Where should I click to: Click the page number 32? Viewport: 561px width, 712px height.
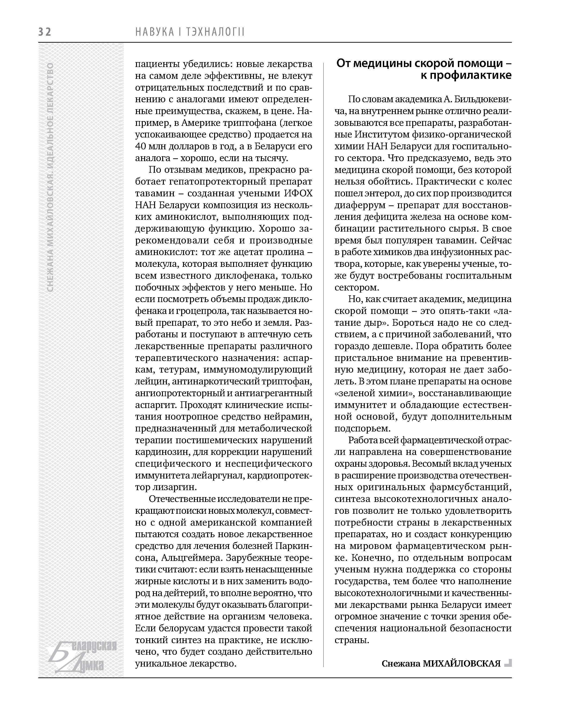click(x=45, y=32)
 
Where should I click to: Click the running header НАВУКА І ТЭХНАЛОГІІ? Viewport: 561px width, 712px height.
click(x=190, y=32)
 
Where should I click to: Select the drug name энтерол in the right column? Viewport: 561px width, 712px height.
click(x=379, y=193)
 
